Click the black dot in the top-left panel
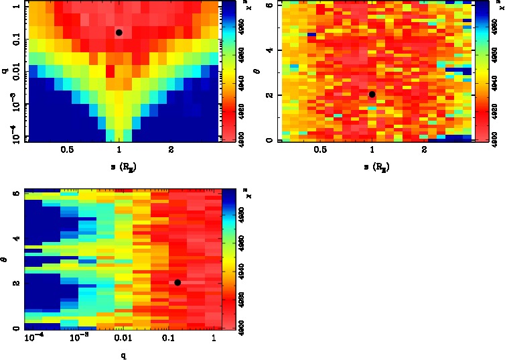pyautogui.click(x=119, y=32)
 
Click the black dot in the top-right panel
pyautogui.click(x=372, y=94)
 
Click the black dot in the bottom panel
pyautogui.click(x=177, y=282)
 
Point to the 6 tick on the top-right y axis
pyautogui.click(x=269, y=5)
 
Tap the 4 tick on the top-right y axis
pyautogui.click(x=269, y=50)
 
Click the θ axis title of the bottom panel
pyautogui.click(x=5, y=257)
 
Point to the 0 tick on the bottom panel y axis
pyautogui.click(x=16, y=328)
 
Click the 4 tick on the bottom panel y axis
pyautogui.click(x=16, y=239)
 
